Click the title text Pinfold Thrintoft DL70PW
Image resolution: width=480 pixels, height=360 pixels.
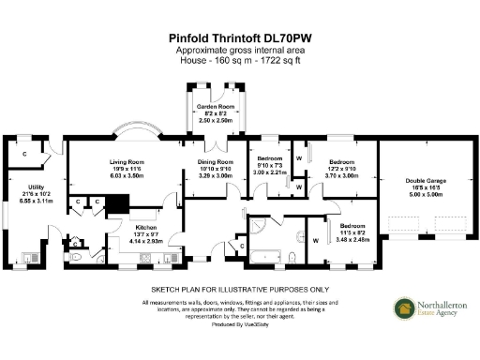pyautogui.click(x=239, y=38)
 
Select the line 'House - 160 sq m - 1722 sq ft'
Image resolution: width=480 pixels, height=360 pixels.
pyautogui.click(x=239, y=61)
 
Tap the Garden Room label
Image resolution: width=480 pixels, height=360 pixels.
pyautogui.click(x=217, y=108)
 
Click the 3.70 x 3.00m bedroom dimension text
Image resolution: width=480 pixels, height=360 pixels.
pyautogui.click(x=342, y=174)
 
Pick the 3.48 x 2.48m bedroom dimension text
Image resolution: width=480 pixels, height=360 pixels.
pyautogui.click(x=353, y=240)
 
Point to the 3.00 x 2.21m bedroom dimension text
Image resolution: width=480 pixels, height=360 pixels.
pyautogui.click(x=272, y=172)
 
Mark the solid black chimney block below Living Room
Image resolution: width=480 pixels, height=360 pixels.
pyautogui.click(x=116, y=203)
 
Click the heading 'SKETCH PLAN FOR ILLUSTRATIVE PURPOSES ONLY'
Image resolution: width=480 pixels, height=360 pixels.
pyautogui.click(x=239, y=290)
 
